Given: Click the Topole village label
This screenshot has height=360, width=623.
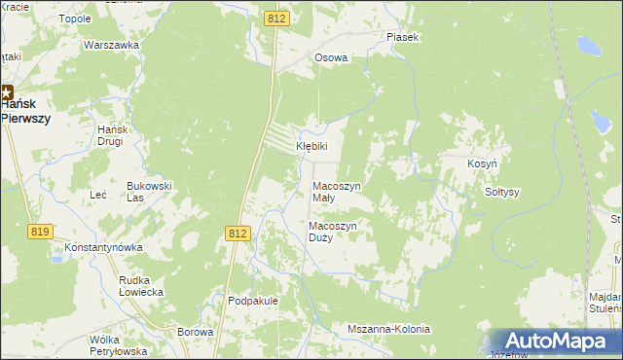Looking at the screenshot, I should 75,18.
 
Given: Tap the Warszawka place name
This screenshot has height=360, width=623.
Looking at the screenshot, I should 107,46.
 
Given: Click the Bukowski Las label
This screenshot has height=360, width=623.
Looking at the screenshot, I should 150,190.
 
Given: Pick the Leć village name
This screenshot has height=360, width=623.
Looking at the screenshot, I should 98,195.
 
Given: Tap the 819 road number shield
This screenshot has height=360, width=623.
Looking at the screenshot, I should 40,231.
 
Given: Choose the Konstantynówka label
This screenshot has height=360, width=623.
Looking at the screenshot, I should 103,247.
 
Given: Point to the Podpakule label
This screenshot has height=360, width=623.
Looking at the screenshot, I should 253,301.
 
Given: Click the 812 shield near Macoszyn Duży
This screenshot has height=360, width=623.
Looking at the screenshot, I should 238,234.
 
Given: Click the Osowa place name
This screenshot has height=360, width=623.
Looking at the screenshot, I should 330,57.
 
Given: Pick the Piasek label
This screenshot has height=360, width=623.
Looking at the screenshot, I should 402,37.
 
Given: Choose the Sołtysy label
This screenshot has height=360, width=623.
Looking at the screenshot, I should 503,192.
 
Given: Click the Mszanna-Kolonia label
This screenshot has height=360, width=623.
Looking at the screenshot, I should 388,329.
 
